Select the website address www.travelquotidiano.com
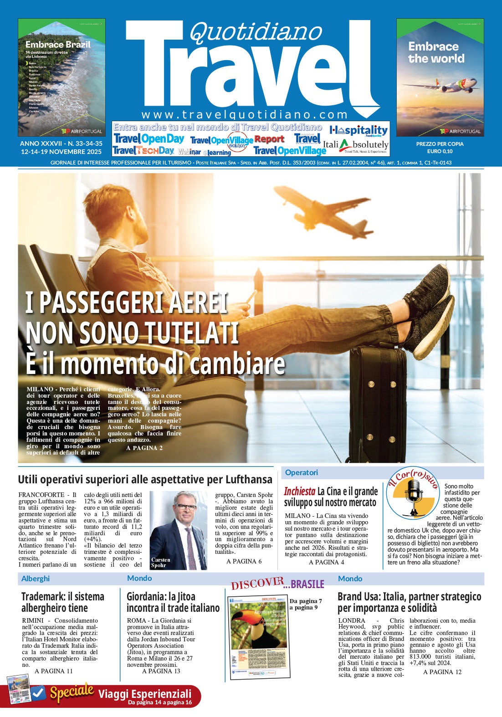coord(245,114)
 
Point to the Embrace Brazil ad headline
coord(58,45)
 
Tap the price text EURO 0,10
coord(440,151)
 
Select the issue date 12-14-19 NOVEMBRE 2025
coord(61,151)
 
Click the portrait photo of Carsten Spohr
coord(178,530)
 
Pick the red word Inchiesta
coord(299,491)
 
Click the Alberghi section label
coord(36,579)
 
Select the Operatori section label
coord(301,472)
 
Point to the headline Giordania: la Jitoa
coord(161,596)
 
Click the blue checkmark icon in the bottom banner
coord(38,693)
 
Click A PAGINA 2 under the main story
coord(144,448)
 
